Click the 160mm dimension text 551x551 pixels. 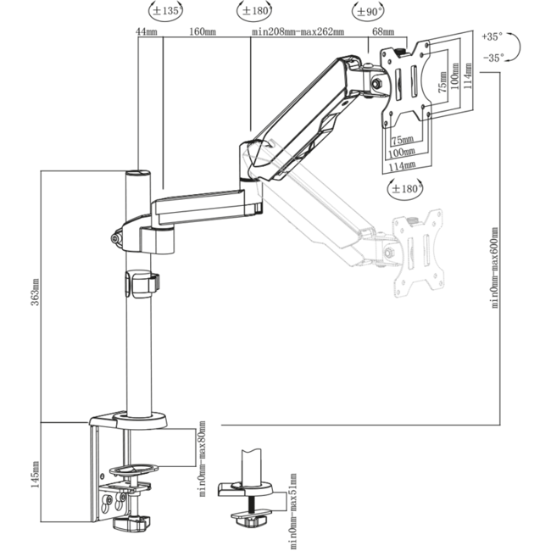click(202, 32)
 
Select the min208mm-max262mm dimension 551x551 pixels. click(298, 32)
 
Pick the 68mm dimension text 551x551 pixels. click(383, 32)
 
